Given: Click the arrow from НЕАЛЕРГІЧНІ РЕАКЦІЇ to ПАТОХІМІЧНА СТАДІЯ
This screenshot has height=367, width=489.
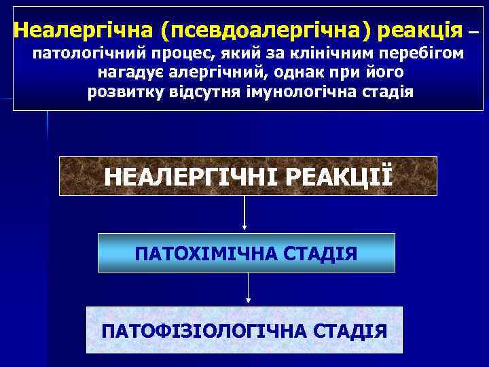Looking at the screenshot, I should [244, 213].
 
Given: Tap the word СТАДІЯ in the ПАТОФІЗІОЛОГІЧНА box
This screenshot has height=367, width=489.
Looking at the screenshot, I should [351, 331].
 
